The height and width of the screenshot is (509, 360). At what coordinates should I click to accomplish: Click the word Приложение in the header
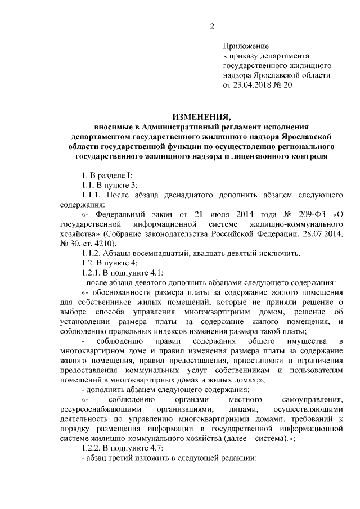click(246, 46)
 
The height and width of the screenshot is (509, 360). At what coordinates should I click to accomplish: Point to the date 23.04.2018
click(254, 85)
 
